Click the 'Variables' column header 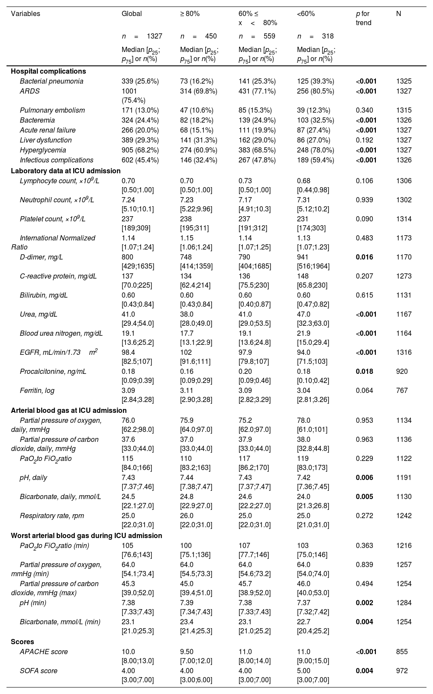pos(26,14)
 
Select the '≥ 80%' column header pos(190,14)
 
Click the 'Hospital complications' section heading pos(48,71)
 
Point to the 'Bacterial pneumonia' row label pos(52,81)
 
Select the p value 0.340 pos(364,110)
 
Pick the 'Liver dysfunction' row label pos(46,140)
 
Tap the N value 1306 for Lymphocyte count pos(404,181)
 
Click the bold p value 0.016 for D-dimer pos(364,257)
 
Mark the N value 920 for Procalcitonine pos(402,372)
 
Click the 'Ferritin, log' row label pos(37,391)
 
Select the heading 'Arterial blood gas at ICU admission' pos(69,410)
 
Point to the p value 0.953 pos(364,421)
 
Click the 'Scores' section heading pos(23,642)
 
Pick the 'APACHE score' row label pos(44,652)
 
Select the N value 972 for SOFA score pos(402,671)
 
